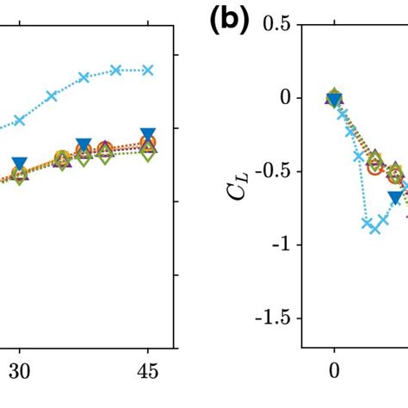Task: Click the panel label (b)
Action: click(x=228, y=22)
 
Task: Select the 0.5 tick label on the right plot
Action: click(x=276, y=24)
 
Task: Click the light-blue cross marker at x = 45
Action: click(x=148, y=70)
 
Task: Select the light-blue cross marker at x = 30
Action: click(x=20, y=121)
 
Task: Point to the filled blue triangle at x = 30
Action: click(x=20, y=164)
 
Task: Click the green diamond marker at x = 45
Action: click(x=148, y=156)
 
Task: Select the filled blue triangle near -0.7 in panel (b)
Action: click(x=395, y=198)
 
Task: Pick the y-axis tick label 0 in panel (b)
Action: click(x=285, y=98)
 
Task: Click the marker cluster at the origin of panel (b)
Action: click(x=335, y=97)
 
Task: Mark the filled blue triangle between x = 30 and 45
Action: click(x=83, y=145)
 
